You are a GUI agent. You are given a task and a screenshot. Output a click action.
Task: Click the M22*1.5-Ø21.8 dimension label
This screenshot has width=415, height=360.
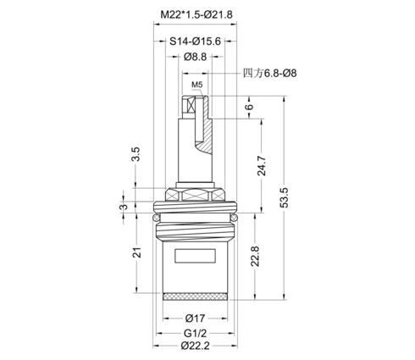pos(196,14)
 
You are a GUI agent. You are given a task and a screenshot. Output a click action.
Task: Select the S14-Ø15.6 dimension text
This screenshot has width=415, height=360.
pos(195,42)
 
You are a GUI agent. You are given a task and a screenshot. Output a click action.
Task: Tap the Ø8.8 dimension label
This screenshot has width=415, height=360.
pos(195,57)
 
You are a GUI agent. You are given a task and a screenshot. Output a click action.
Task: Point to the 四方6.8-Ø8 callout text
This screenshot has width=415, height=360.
pos(269,74)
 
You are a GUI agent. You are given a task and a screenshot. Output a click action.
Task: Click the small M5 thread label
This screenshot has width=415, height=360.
pos(197,85)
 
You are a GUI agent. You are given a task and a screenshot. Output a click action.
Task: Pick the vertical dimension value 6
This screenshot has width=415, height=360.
pos(249,107)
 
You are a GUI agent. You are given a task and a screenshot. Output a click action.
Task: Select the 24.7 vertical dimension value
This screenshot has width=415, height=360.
pos(262,166)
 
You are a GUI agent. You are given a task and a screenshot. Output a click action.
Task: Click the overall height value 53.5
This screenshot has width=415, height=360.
pos(285,197)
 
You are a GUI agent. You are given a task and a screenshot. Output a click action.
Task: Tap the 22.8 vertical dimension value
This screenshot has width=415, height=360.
pos(255,256)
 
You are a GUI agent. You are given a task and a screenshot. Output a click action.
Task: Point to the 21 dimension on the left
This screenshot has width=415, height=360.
pos(137,252)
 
